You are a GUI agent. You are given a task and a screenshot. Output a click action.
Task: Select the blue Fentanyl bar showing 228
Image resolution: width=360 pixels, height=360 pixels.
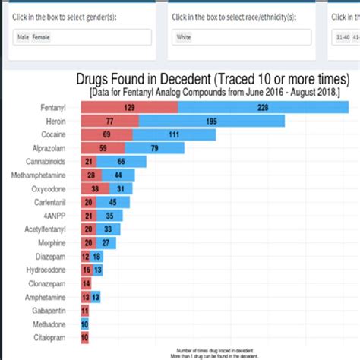[263, 108]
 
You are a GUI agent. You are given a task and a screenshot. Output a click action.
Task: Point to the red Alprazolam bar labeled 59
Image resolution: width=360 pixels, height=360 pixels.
[103, 148]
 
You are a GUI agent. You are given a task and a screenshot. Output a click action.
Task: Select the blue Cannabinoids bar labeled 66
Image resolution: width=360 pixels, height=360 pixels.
[121, 162]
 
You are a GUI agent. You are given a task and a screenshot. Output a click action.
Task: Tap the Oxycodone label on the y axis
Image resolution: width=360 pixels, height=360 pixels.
[49, 189]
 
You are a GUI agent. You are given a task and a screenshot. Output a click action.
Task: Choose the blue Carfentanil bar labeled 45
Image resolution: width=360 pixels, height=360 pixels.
[113, 202]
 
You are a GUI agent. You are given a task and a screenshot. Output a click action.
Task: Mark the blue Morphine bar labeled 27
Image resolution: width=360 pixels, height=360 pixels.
[106, 242]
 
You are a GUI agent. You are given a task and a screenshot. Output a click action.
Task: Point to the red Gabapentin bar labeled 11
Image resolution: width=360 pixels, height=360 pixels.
[84, 310]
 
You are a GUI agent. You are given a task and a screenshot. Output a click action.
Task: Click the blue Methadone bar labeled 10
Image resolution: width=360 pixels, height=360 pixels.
[84, 324]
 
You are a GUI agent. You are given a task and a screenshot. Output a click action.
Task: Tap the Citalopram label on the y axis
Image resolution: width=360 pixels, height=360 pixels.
[50, 336]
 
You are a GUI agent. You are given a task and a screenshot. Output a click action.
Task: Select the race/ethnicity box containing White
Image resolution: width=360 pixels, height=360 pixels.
[240, 37]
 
